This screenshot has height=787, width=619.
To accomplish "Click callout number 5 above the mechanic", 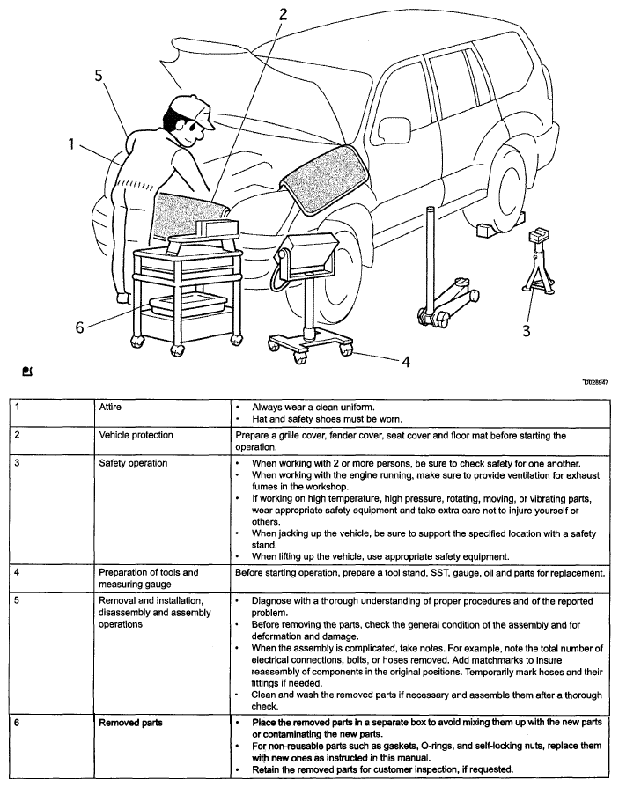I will point(100,76).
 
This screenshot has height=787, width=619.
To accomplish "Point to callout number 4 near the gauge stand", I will point(406,362).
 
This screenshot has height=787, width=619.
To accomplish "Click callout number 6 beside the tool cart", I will point(80,327).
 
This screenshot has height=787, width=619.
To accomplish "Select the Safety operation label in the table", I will point(133,463).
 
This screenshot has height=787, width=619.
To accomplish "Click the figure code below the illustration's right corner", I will point(595,382).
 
